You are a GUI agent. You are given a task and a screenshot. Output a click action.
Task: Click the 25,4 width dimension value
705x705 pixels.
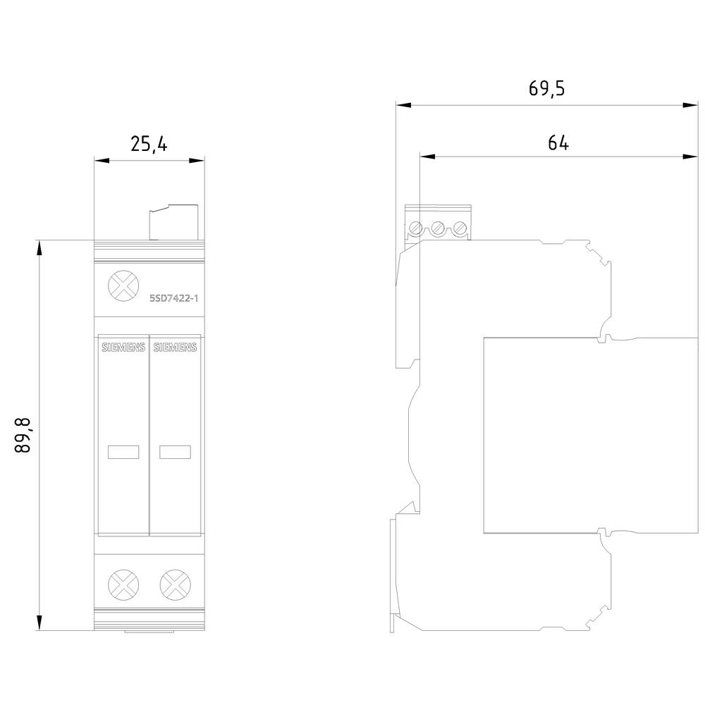tap(149, 144)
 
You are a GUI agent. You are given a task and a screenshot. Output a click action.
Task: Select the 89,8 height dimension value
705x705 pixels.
tap(23, 434)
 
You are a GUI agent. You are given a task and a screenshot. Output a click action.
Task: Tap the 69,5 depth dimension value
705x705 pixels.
tap(546, 89)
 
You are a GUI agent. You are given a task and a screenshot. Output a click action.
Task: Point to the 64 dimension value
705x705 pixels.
tap(558, 142)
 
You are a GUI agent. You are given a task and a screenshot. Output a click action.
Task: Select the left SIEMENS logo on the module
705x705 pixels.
tap(123, 347)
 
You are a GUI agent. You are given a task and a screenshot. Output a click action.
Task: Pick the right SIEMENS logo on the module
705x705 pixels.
tap(176, 347)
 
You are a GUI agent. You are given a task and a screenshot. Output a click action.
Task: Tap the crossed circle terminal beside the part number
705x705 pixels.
tap(122, 288)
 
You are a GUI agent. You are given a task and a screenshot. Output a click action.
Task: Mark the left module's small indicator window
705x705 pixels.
tap(123, 452)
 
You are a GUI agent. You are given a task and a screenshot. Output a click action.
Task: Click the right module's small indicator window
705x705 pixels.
tap(176, 452)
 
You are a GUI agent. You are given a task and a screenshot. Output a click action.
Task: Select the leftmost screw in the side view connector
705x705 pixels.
tap(416, 229)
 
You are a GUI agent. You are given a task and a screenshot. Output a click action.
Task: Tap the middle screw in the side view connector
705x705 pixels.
tap(438, 229)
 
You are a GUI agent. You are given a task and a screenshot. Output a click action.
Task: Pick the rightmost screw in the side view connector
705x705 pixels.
tap(460, 229)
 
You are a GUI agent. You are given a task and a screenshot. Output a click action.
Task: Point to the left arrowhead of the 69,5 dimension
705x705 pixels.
tap(403, 105)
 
